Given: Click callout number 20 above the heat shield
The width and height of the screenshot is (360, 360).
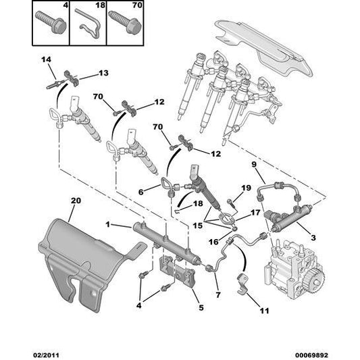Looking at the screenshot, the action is pos(76,201).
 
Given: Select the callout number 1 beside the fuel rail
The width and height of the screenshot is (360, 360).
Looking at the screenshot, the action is pos(108,224).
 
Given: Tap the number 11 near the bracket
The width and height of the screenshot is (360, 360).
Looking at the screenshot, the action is pos(264,311).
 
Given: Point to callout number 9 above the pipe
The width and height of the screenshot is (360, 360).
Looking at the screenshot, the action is pos(254,164).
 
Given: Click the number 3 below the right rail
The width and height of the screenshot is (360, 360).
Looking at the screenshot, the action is pos(313,238).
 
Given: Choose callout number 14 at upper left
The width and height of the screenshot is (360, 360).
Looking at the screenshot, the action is pos(46,59).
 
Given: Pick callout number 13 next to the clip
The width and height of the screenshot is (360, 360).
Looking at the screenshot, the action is pos(103,73).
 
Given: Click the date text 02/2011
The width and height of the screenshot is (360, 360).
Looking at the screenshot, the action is pos(45,355).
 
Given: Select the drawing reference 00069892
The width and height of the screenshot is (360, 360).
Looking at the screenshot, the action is pos(311,355).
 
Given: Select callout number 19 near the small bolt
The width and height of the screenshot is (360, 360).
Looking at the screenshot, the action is pos(247,188).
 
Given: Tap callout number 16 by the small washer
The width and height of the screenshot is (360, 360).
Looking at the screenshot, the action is pos(213,242).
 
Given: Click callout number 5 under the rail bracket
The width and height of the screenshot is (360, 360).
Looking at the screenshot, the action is pos(201,307).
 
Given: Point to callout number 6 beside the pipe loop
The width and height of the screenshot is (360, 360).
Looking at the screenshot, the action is pos(140,192).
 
